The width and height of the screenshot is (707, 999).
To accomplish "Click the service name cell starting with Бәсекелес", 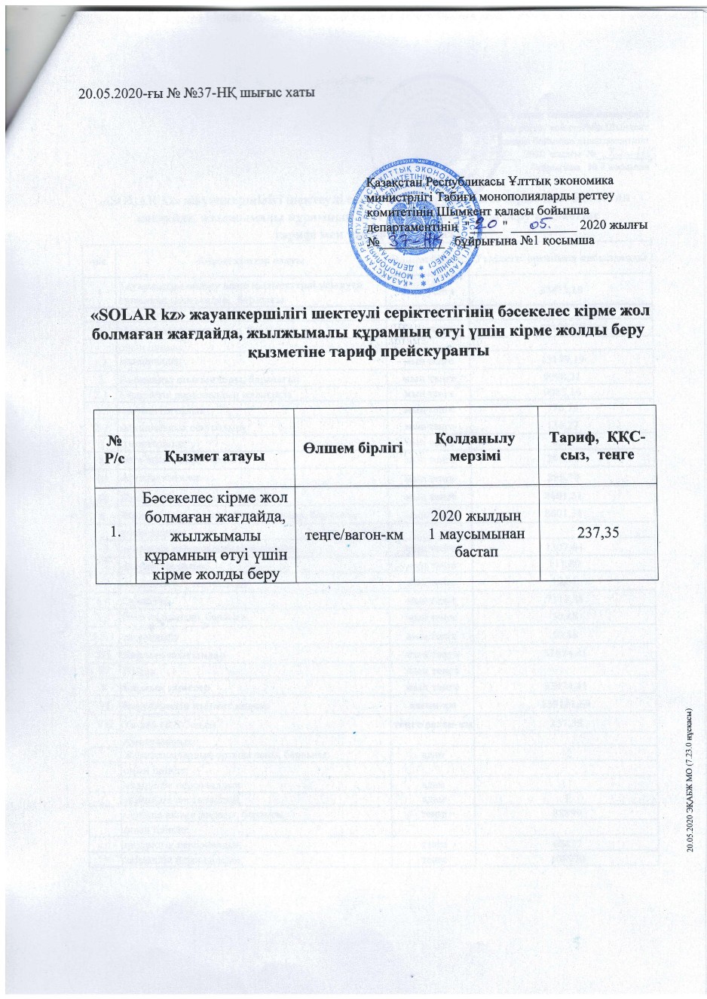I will pos(213,532).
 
